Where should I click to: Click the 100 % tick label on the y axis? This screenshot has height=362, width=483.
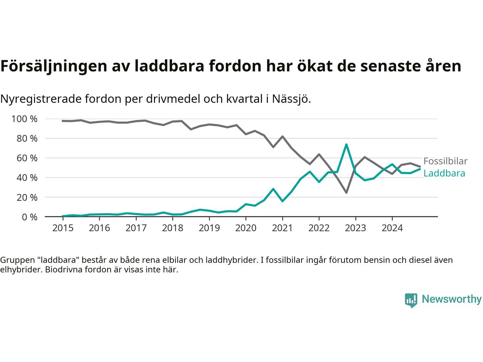25,119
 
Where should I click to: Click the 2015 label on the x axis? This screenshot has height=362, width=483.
63,228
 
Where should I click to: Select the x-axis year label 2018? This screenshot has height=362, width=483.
172,228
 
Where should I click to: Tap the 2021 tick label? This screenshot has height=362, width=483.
282,228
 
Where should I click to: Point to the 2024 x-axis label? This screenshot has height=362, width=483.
392,228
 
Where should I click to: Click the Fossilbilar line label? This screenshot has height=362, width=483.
445,161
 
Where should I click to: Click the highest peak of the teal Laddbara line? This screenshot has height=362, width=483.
346,144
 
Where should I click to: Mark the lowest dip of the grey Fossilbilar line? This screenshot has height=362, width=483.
346,193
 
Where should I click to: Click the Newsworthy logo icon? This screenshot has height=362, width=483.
411,300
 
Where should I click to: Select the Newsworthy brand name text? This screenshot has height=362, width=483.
451,299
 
